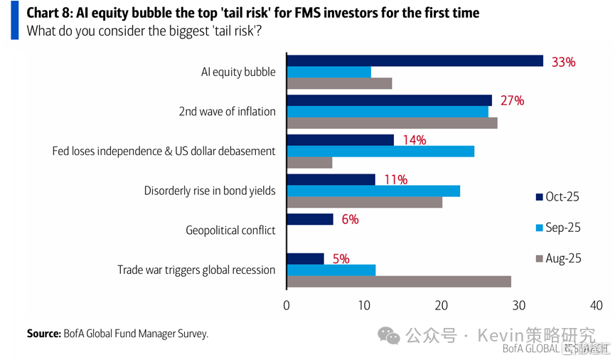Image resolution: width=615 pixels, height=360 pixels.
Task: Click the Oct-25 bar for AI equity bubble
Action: pos(415,61)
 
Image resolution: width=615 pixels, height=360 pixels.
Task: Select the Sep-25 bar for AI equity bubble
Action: pos(328,73)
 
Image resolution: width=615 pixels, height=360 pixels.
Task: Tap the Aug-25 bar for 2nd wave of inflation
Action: pos(392,123)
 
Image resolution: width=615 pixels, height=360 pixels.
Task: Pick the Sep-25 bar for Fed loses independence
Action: pos(380,152)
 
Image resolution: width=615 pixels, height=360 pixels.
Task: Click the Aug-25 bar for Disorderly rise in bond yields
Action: pos(364,202)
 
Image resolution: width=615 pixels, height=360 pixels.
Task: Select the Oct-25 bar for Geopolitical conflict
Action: pos(309,219)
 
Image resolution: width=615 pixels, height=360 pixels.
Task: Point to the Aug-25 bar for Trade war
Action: pos(398,281)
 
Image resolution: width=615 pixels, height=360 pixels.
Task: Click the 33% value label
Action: pos(563,62)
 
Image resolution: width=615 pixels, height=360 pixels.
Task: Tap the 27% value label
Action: pos(512,101)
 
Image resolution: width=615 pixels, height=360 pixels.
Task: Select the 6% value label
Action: pos(349,220)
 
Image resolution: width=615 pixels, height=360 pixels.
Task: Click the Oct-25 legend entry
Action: pos(558,197)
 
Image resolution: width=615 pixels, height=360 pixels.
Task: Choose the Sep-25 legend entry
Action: pos(558,228)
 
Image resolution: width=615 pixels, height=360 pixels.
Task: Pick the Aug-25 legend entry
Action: pos(558,258)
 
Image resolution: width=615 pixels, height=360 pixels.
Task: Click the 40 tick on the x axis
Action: pos(596,305)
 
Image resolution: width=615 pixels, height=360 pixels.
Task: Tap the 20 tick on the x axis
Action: pos(442,305)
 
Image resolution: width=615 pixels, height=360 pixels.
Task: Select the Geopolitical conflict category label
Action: pos(230,231)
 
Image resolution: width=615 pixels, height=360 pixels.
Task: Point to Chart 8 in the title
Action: pos(50,14)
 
